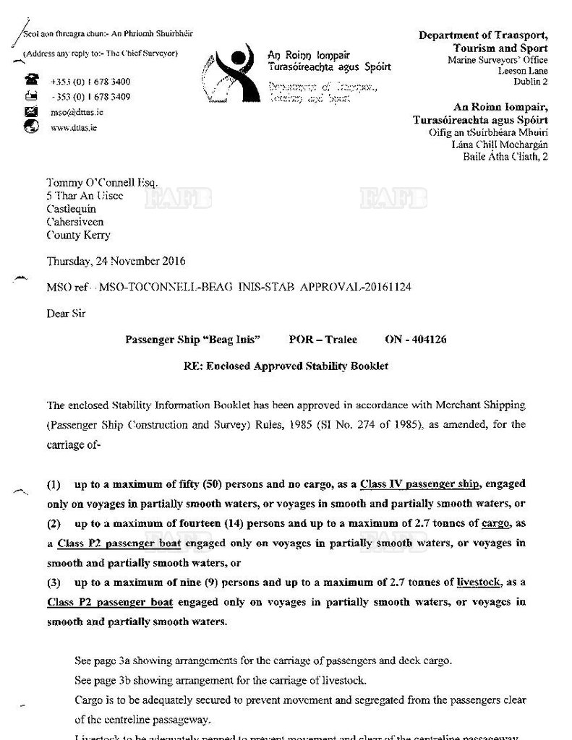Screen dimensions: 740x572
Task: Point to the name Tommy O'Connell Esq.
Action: tap(101, 183)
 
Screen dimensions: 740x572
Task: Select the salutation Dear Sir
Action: tap(66, 314)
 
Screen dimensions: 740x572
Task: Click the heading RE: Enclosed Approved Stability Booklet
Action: tap(286, 366)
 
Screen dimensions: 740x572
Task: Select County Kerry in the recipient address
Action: tap(79, 235)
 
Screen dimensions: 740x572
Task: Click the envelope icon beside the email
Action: tap(31, 111)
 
